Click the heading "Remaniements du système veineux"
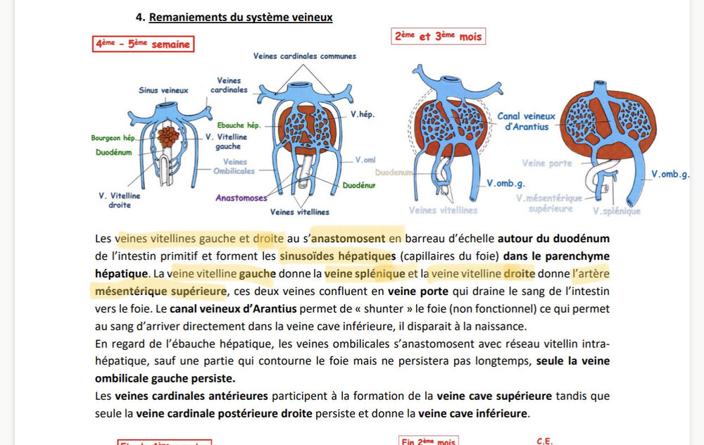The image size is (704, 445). point(240,17)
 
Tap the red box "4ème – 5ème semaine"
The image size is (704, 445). point(144,44)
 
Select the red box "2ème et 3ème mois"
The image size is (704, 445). point(439,36)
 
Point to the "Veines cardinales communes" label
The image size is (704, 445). point(305,56)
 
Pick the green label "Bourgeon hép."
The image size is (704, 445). point(115,138)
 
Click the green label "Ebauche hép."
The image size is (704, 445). point(239,125)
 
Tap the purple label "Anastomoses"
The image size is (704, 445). point(241,198)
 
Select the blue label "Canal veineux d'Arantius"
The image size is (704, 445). point(527,121)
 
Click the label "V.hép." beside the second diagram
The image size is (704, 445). point(363,113)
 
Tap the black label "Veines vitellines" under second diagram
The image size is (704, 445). point(299,211)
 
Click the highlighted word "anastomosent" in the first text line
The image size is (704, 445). point(358,238)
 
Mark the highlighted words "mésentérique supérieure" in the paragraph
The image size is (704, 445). point(158,291)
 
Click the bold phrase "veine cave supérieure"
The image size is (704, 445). point(494,396)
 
